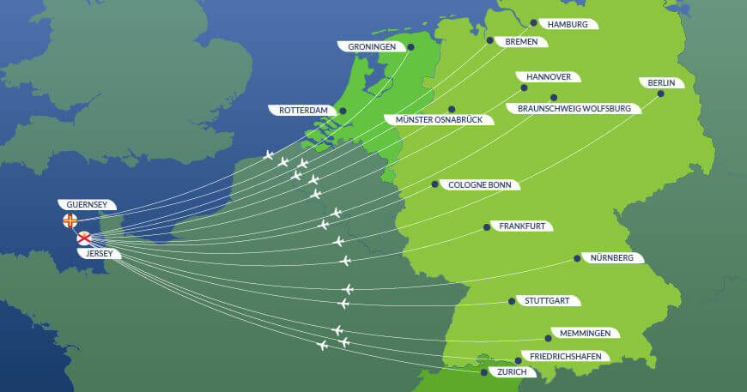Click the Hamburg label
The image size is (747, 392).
[568, 24]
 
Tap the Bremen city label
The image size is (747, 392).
[520, 40]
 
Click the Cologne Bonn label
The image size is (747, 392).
[483, 184]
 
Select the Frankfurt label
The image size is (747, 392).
[522, 226]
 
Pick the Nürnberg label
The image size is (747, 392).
[612, 257]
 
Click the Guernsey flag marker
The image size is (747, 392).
[70, 221]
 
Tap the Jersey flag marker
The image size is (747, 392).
[84, 238]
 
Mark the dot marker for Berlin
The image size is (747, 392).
[662, 93]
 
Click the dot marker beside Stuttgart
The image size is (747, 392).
[512, 301]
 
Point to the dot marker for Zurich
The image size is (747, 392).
[484, 372]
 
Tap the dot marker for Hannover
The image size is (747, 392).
[524, 87]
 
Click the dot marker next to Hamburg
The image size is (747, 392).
[533, 23]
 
